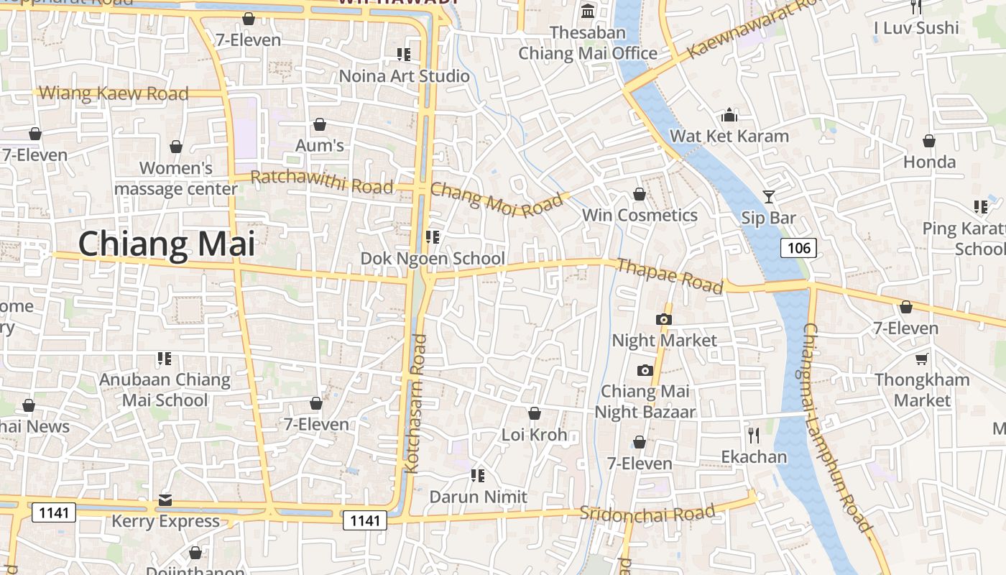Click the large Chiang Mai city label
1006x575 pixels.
166,244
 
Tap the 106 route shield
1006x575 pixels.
798,249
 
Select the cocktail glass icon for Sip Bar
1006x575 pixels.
769,196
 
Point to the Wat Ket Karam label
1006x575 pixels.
729,136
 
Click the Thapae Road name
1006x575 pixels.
670,276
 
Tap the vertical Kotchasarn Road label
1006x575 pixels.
416,402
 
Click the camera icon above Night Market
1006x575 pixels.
663,319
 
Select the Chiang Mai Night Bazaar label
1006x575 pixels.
645,401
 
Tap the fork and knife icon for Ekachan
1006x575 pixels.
753,435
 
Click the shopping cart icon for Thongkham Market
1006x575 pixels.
921,358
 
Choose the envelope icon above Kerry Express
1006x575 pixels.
165,500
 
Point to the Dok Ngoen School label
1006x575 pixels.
433,259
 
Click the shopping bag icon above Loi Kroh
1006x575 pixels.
534,413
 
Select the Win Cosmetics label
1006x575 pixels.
639,215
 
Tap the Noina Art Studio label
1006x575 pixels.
404,76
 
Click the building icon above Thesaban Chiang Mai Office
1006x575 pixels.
588,11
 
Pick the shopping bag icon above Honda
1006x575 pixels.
929,141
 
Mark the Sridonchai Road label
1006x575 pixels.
647,513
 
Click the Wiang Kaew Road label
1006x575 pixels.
114,93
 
